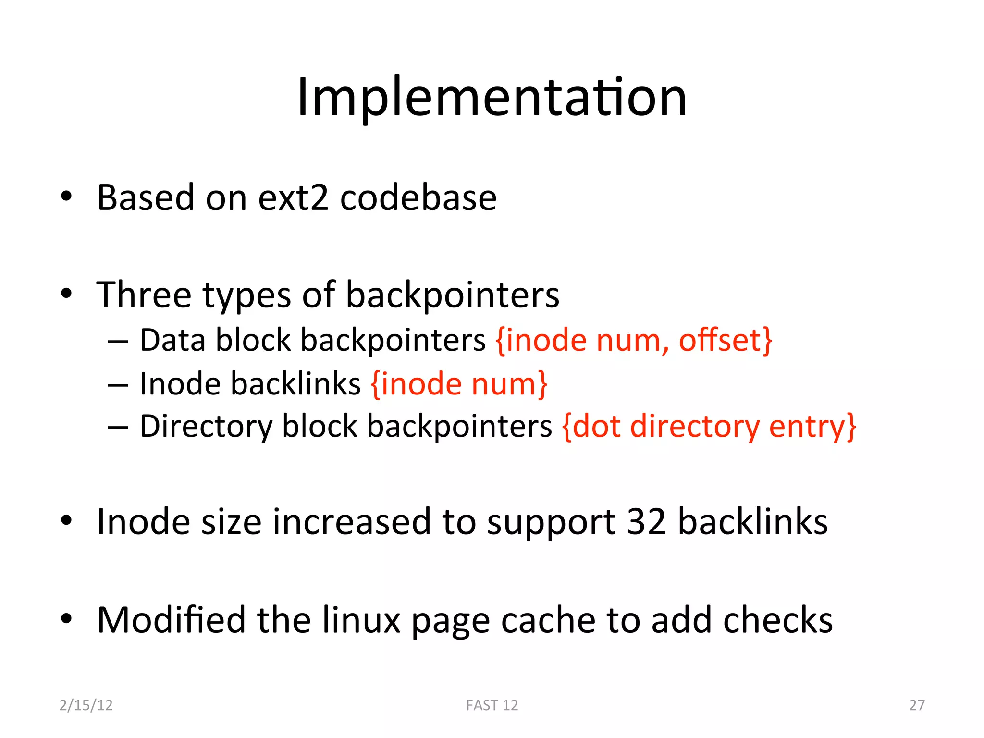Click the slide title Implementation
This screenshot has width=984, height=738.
click(492, 98)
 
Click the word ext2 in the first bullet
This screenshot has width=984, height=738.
click(293, 197)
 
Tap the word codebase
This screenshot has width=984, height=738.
click(418, 197)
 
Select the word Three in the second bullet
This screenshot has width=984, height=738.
click(144, 295)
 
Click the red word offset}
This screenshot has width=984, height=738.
click(725, 340)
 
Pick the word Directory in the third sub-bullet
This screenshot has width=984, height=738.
click(206, 427)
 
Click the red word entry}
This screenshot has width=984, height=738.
click(812, 427)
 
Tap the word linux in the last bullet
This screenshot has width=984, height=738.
click(361, 620)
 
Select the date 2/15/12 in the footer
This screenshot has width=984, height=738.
click(86, 705)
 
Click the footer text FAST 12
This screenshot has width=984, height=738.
click(492, 705)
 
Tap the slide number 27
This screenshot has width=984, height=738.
click(917, 705)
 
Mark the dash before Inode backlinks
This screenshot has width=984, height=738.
click(118, 385)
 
